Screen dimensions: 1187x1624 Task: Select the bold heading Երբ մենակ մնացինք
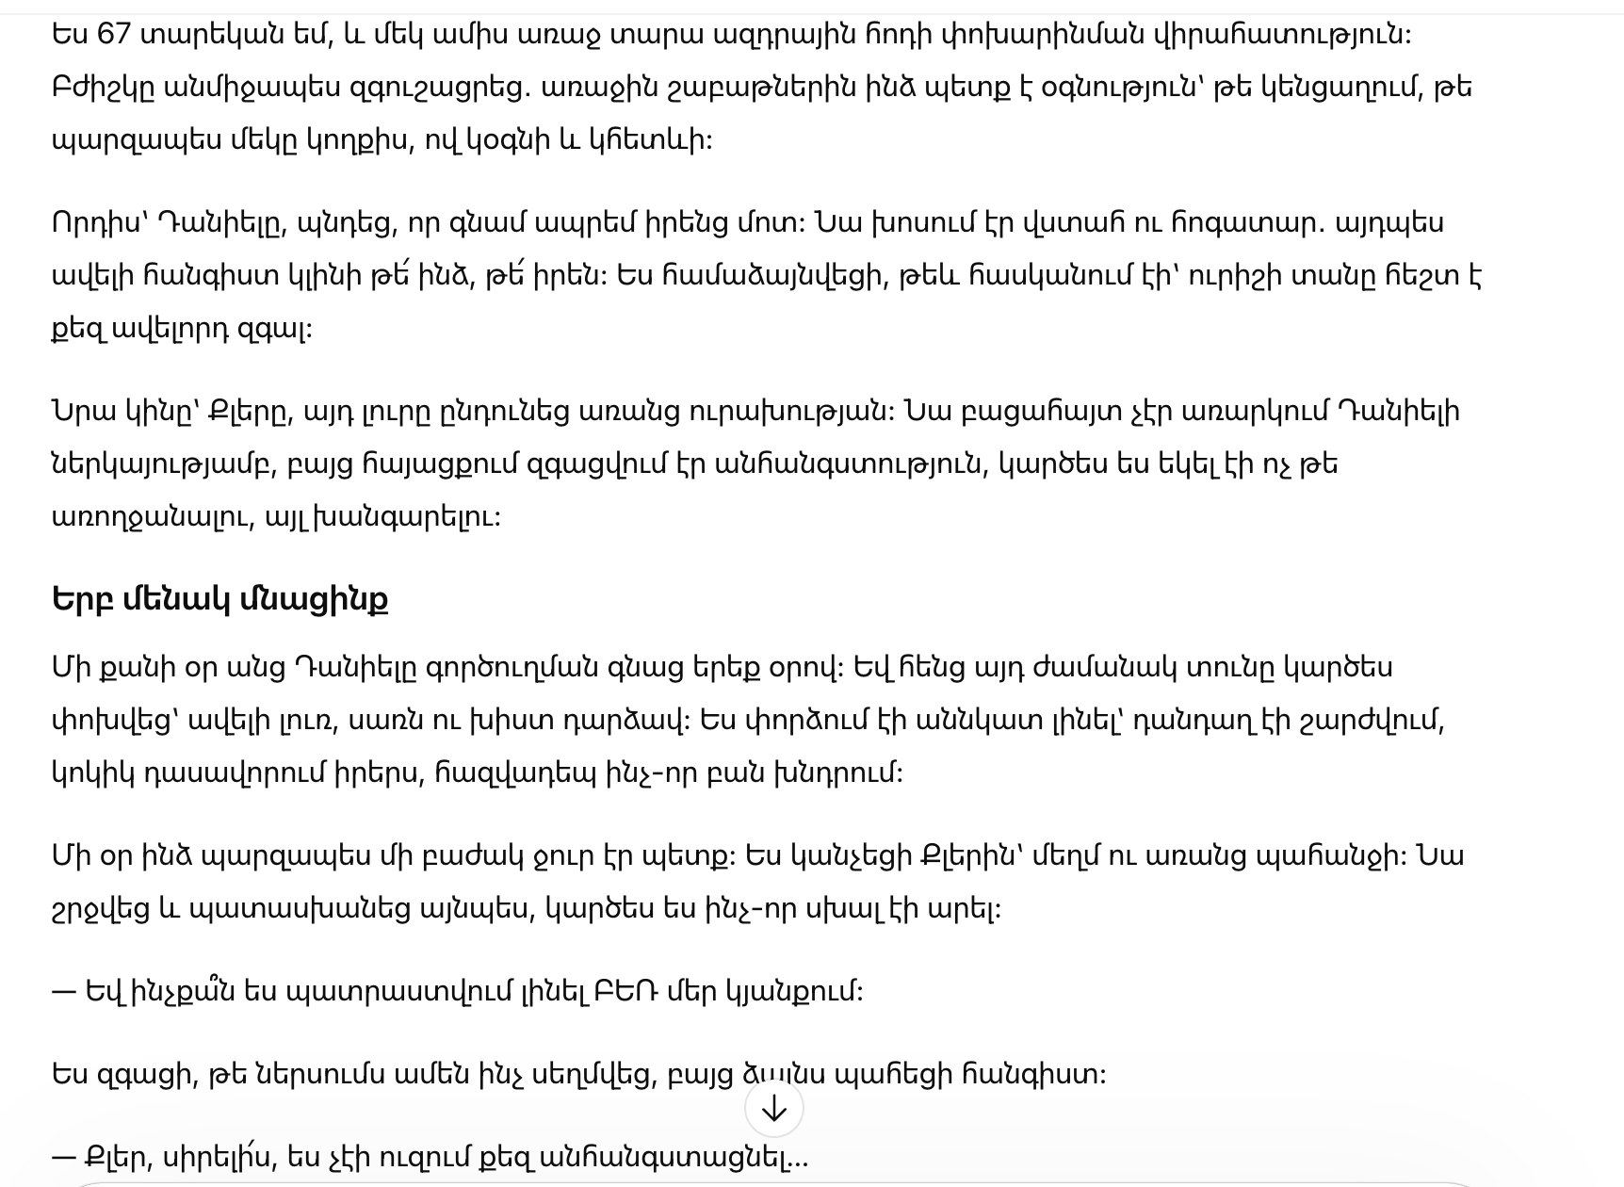click(x=219, y=599)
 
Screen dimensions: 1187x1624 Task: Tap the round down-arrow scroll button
click(x=773, y=1109)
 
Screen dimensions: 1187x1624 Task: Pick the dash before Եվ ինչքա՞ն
click(x=63, y=991)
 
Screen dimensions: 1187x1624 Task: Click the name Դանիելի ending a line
click(x=1405, y=412)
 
